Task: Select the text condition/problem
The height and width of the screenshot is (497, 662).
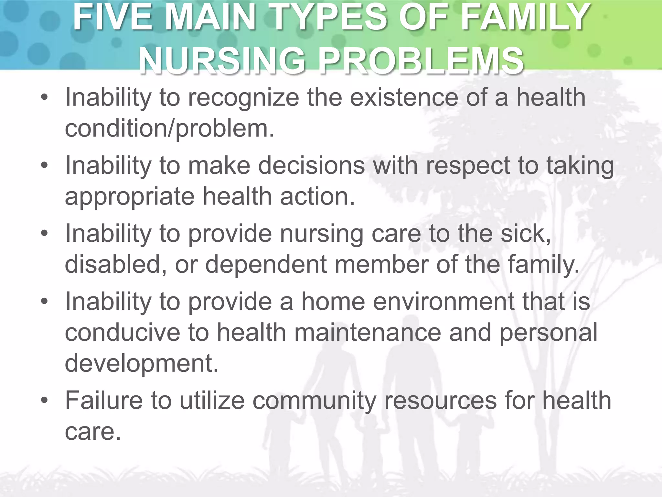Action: pyautogui.click(x=169, y=128)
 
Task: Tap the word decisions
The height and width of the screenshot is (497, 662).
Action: pyautogui.click(x=312, y=166)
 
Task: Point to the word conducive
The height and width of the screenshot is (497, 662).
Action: pyautogui.click(x=123, y=332)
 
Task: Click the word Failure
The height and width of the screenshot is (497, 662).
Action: pyautogui.click(x=104, y=401)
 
